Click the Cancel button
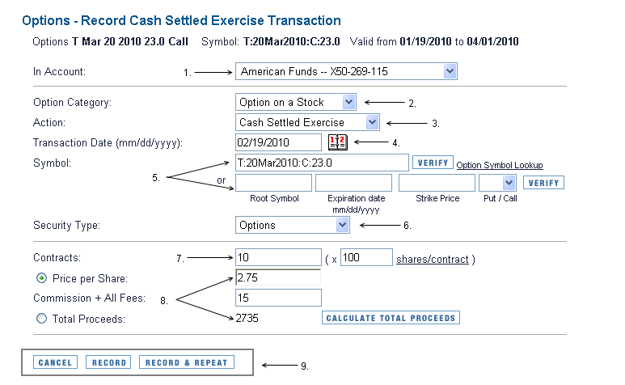(55, 362)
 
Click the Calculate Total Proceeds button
(391, 318)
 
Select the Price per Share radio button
(41, 278)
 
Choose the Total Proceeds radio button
(41, 319)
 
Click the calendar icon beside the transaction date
(338, 142)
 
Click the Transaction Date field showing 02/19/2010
(278, 142)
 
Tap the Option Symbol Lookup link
(500, 165)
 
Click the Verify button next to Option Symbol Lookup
(433, 163)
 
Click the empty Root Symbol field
(273, 183)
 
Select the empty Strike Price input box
(437, 183)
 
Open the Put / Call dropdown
(497, 183)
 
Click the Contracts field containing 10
(278, 257)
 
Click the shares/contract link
(433, 260)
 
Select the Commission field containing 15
(278, 298)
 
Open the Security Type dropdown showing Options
(292, 225)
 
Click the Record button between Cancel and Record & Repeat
(108, 362)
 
